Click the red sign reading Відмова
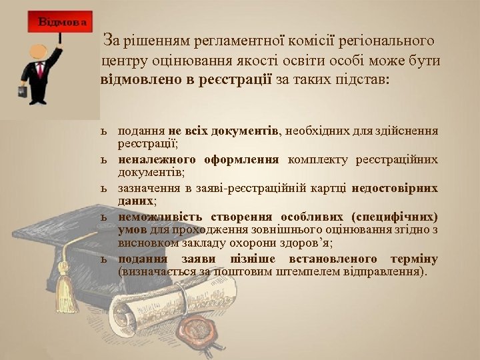click(x=62, y=22)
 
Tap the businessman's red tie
click(x=41, y=70)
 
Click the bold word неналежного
click(x=157, y=159)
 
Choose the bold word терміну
click(x=413, y=259)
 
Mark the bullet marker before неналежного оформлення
click(x=105, y=160)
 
